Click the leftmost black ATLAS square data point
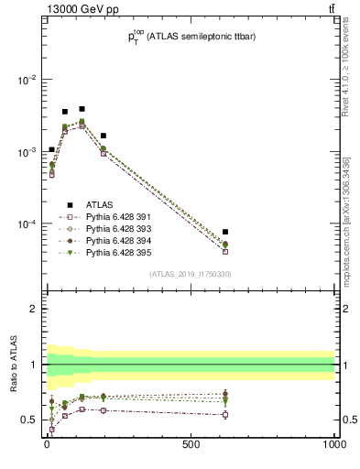tap(51, 149)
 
